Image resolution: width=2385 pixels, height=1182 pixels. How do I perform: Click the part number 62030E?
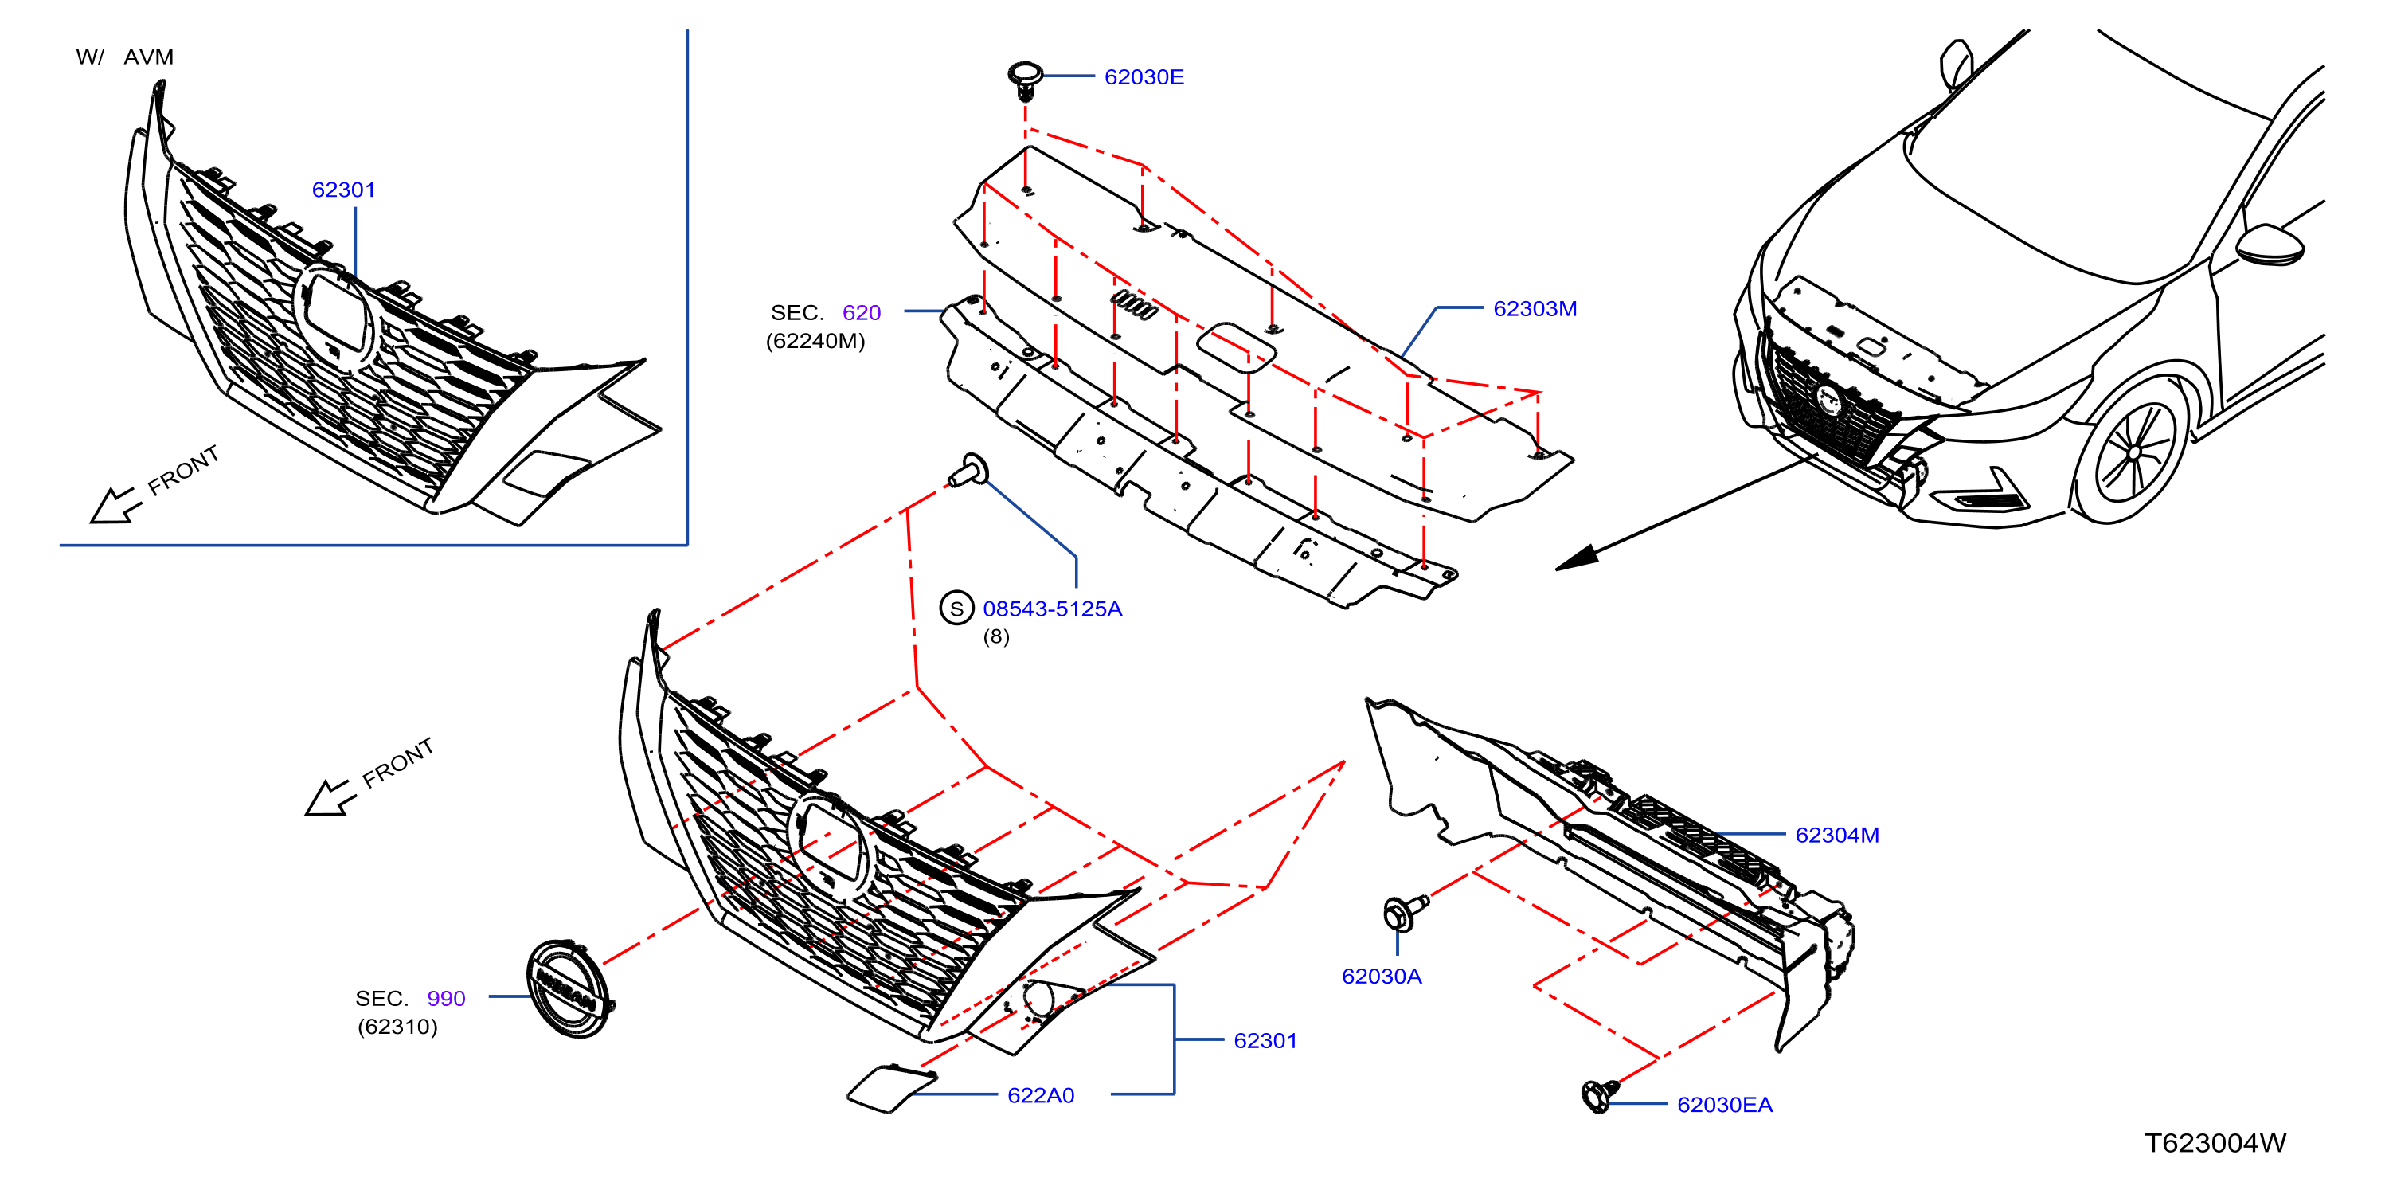pyautogui.click(x=1144, y=77)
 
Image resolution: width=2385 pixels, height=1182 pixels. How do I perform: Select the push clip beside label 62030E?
pyautogui.click(x=1025, y=80)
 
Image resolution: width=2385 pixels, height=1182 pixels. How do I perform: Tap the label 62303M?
pyautogui.click(x=1535, y=308)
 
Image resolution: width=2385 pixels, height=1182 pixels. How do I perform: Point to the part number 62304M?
pyautogui.click(x=1836, y=835)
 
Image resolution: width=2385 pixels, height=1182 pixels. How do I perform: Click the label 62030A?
pyautogui.click(x=1381, y=976)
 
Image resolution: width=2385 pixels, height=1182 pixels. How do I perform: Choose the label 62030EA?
pyautogui.click(x=1724, y=1104)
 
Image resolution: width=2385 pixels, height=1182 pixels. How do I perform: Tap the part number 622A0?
pyautogui.click(x=1040, y=1095)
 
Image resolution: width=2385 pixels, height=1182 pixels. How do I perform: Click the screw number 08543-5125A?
pyautogui.click(x=1052, y=609)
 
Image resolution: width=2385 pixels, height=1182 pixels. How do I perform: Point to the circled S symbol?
pyautogui.click(x=956, y=609)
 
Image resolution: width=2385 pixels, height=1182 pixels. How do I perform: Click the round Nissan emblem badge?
pyautogui.click(x=569, y=988)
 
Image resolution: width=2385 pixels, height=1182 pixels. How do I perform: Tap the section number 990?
pyautogui.click(x=445, y=999)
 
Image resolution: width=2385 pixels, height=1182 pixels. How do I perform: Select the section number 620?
pyautogui.click(x=861, y=313)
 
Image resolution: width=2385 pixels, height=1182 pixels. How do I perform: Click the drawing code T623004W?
pyautogui.click(x=2215, y=1143)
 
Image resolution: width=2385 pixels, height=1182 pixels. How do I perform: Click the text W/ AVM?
pyautogui.click(x=124, y=57)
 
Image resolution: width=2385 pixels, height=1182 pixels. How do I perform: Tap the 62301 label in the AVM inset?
pyautogui.click(x=343, y=190)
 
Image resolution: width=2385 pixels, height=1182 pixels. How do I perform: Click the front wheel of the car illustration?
pyautogui.click(x=2133, y=453)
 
